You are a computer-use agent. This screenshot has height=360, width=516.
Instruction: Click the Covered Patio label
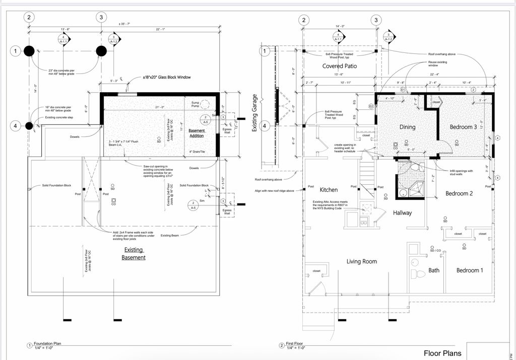[340, 66]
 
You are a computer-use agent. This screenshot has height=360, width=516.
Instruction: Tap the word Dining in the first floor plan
[407, 127]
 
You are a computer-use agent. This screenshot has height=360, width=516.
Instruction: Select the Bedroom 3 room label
[463, 127]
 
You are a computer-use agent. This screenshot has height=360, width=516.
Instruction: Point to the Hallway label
[402, 213]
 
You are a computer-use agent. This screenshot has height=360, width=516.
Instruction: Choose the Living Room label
[362, 261]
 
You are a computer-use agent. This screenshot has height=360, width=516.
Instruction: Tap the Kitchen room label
[329, 190]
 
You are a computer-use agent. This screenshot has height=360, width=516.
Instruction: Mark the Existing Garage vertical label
[254, 113]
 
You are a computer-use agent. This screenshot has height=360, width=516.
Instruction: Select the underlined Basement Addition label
[197, 133]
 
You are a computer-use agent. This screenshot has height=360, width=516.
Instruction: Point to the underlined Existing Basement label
[134, 254]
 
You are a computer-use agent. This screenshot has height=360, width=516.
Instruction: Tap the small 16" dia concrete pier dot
[29, 125]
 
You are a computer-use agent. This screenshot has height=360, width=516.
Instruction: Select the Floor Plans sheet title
[442, 353]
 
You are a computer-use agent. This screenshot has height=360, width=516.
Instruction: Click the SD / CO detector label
[435, 250]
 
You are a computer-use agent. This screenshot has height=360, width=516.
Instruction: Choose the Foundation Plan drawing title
[47, 344]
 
